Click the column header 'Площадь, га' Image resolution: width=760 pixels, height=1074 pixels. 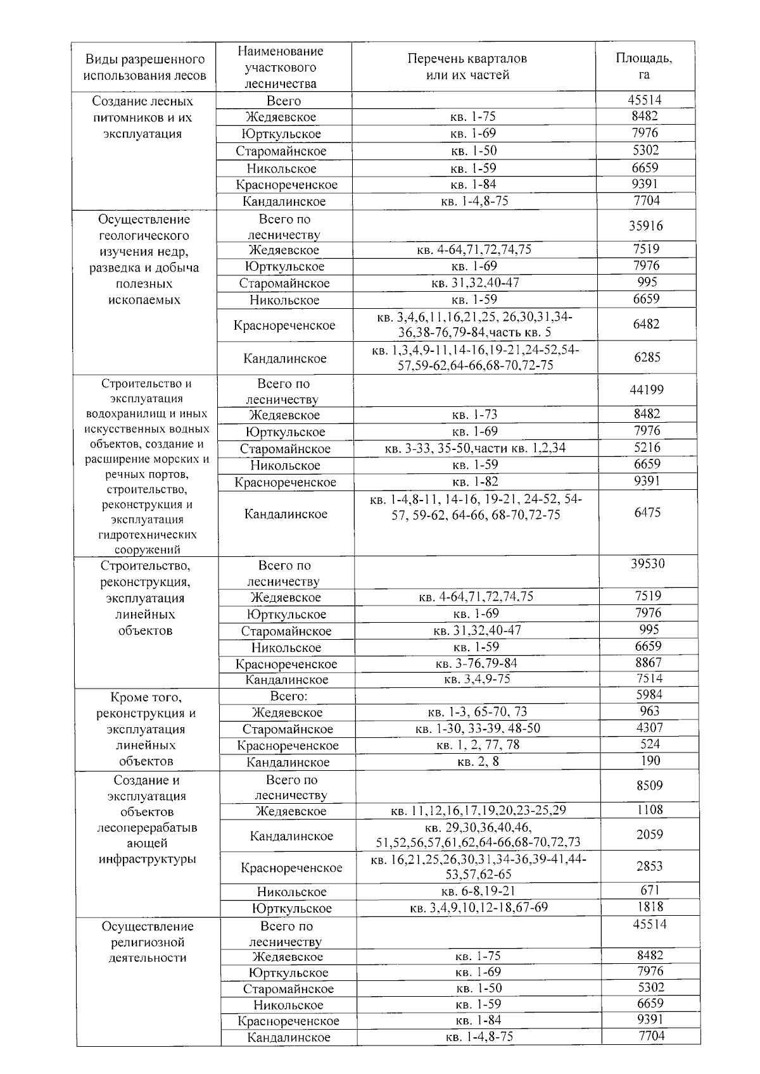(x=644, y=66)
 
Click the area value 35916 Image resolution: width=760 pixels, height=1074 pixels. (x=646, y=226)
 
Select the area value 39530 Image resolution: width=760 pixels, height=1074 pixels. (x=647, y=564)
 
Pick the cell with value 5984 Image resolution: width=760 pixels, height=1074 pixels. (x=649, y=695)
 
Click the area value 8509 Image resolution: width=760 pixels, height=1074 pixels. (x=650, y=786)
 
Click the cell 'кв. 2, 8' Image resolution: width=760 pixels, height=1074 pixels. (x=478, y=762)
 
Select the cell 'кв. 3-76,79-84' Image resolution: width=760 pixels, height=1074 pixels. (x=476, y=663)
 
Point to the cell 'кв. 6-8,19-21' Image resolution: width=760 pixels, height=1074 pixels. (x=478, y=892)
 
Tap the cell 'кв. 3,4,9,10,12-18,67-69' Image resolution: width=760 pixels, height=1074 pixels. (x=479, y=908)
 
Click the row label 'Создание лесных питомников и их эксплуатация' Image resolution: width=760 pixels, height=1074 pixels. (x=142, y=118)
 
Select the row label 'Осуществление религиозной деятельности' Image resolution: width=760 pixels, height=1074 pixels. (x=148, y=942)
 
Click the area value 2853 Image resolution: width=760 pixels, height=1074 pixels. (x=650, y=866)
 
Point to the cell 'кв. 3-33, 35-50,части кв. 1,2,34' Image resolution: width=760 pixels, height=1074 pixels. (x=475, y=449)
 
